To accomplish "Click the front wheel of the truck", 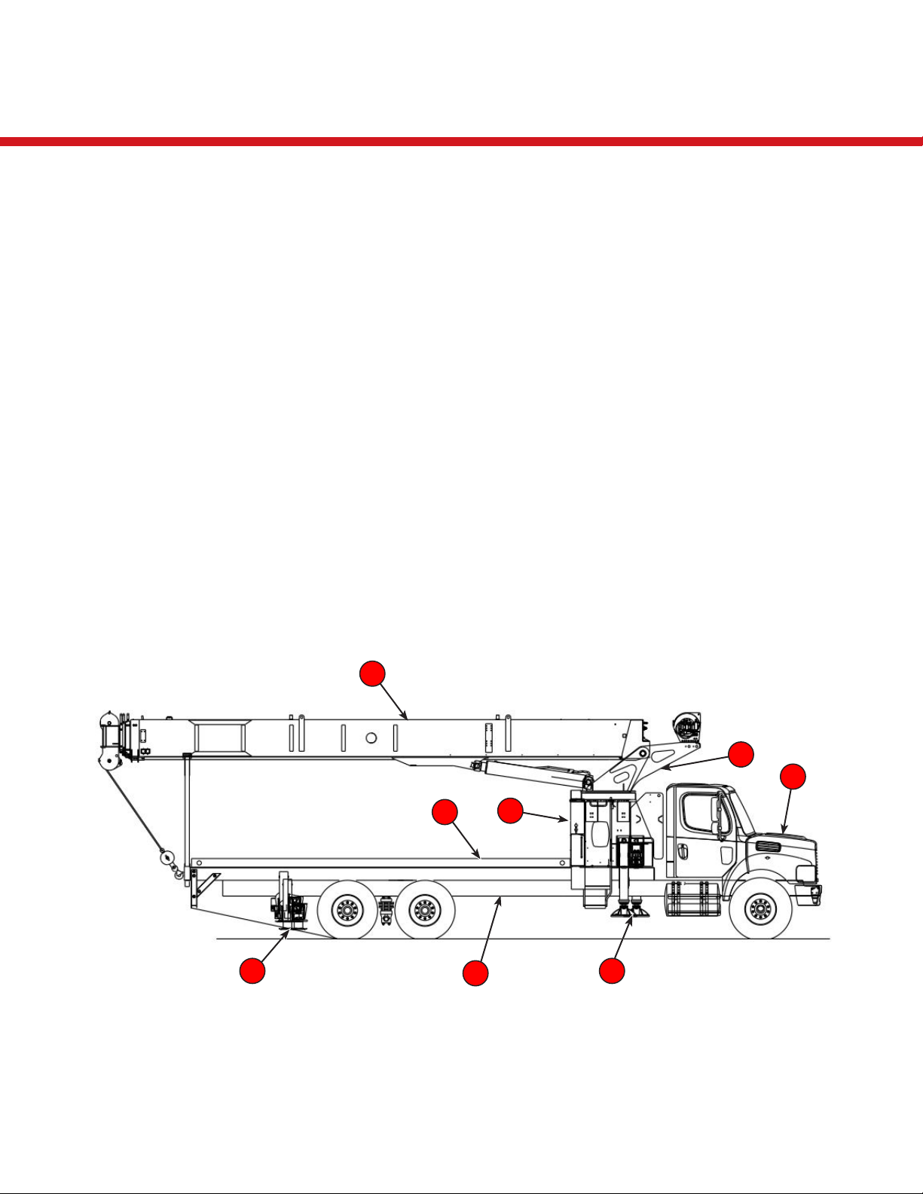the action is click(759, 910).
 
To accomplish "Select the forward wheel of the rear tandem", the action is click(424, 910).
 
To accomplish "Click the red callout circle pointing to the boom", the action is click(372, 674).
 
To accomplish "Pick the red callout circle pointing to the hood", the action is click(793, 777).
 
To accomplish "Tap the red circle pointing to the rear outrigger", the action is click(252, 971).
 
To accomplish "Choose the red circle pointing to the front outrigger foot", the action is click(612, 971).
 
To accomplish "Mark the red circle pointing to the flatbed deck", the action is click(445, 813).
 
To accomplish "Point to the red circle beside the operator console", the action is click(511, 811).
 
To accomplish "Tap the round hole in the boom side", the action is click(371, 738).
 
